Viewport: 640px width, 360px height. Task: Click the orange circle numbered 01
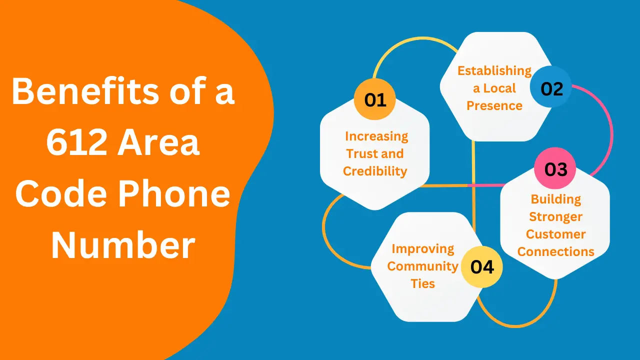[374, 100]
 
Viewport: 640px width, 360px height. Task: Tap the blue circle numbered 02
[551, 89]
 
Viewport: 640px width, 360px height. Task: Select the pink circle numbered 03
[555, 169]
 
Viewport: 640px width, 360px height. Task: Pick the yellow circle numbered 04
[481, 266]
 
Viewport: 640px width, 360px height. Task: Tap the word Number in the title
[123, 246]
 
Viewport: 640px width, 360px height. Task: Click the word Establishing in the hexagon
[494, 70]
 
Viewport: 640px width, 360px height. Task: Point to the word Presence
[494, 105]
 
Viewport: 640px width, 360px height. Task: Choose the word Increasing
[376, 136]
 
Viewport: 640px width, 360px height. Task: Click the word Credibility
[375, 171]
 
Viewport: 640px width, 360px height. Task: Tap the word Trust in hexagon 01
[361, 153]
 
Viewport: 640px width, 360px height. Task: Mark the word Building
[555, 199]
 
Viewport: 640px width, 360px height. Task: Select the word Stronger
[555, 216]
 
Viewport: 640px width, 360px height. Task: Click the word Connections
[555, 251]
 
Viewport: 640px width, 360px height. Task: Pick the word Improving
[422, 248]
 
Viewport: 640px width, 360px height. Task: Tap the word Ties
[422, 283]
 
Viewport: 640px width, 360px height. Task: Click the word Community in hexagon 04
[422, 266]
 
